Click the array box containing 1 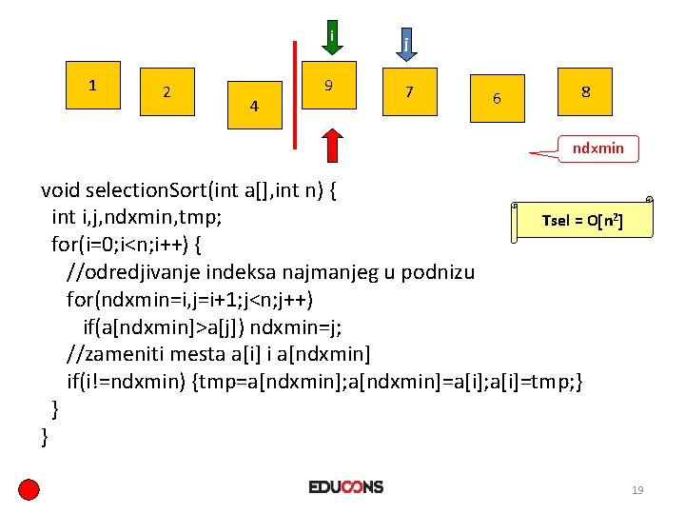tap(91, 88)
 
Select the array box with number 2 tap(166, 94)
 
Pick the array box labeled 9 tap(328, 88)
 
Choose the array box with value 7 tap(409, 94)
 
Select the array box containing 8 tap(585, 93)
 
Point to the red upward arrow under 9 tap(331, 146)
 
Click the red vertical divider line tap(296, 95)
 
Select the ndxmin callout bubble tap(597, 148)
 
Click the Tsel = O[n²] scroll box tap(582, 221)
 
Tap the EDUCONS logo tap(345, 487)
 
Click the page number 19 tap(637, 490)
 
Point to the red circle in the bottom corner tap(29, 490)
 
